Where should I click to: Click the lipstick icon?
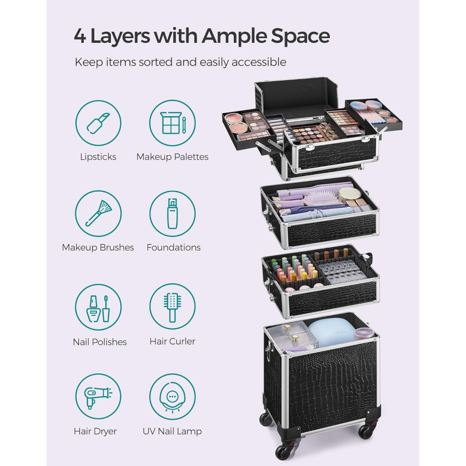click(x=98, y=123)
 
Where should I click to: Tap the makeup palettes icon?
click(x=172, y=123)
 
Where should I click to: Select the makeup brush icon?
click(x=98, y=214)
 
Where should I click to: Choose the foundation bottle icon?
click(x=172, y=214)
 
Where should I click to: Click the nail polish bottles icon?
click(x=98, y=307)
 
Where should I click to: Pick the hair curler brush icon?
click(x=172, y=307)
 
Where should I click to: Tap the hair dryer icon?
click(x=98, y=397)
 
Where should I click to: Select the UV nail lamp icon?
click(x=172, y=397)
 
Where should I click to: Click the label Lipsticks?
click(x=98, y=157)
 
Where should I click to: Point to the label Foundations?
click(x=173, y=247)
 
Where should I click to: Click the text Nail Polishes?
click(x=100, y=342)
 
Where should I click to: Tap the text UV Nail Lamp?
click(x=172, y=431)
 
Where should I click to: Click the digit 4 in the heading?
click(x=80, y=36)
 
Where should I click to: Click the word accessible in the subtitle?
click(x=259, y=62)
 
